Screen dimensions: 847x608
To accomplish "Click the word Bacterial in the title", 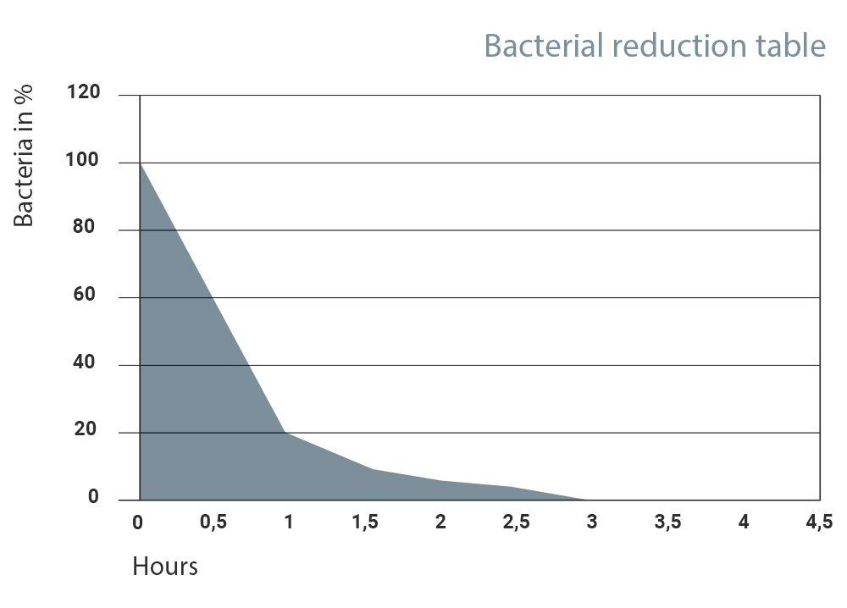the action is (x=544, y=46).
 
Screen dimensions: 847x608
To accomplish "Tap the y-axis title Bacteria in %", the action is (x=23, y=156).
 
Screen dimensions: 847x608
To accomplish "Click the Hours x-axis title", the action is (x=165, y=567).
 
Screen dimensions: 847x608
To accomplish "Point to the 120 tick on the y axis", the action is (x=84, y=91).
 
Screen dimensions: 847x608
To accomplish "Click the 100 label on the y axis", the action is (x=82, y=160).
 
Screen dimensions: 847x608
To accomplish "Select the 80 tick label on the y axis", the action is (x=84, y=226).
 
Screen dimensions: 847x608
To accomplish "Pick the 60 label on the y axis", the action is (x=84, y=295).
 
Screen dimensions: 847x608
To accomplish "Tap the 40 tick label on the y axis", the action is (x=84, y=362).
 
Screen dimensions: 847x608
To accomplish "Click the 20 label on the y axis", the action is (x=86, y=429).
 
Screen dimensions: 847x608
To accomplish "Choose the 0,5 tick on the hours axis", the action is (x=213, y=522).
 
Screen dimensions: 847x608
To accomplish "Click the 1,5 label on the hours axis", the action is (x=365, y=522).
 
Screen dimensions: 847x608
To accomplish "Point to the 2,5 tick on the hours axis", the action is (x=517, y=522).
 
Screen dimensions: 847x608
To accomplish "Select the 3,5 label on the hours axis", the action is (x=667, y=522).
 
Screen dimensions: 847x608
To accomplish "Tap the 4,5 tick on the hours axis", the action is (x=819, y=522).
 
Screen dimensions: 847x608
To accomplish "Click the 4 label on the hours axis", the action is (x=744, y=522).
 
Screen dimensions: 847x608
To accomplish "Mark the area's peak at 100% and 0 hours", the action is (x=141, y=163).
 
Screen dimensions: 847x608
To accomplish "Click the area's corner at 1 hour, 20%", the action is (x=285, y=433).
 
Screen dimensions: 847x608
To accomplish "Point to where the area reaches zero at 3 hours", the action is (x=587, y=500).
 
